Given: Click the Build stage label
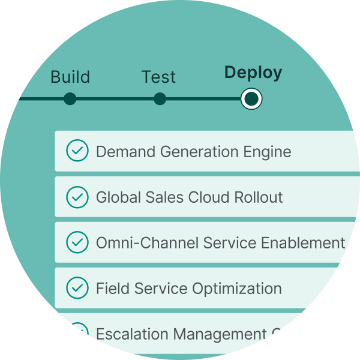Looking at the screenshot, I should [70, 77].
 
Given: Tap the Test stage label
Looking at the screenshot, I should [158, 77].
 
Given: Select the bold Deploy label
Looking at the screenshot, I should [253, 73].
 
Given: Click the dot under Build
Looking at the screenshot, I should [70, 98].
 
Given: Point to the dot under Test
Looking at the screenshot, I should [160, 98].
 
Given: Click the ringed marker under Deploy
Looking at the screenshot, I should [251, 98].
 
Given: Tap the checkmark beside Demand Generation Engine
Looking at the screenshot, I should [76, 151].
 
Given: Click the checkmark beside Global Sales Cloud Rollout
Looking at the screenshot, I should [76, 197].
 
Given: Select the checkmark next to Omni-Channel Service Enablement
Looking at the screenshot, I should [76, 242].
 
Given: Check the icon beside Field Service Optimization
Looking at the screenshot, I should [76, 288].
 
